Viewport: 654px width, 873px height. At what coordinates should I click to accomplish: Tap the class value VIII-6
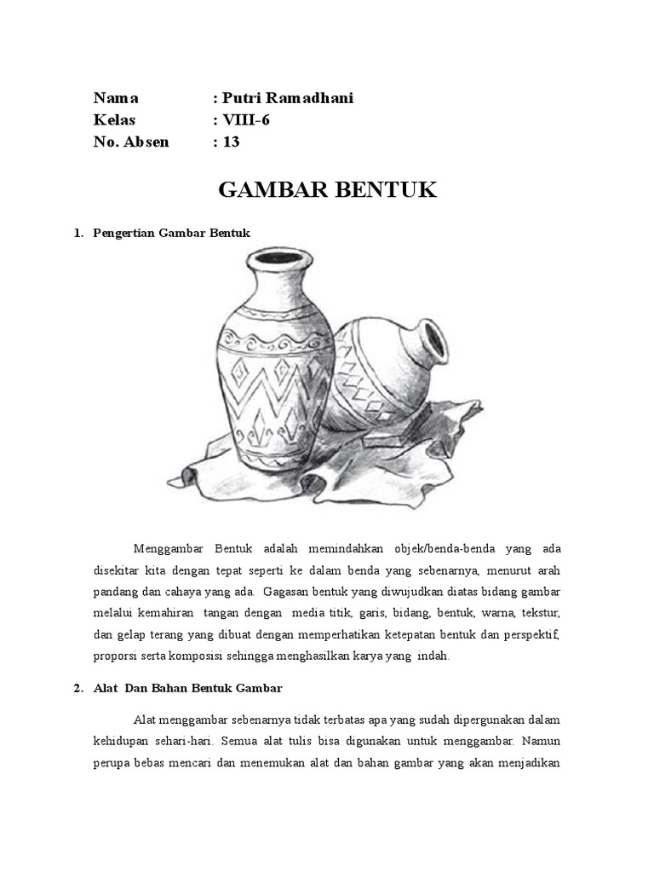tap(246, 120)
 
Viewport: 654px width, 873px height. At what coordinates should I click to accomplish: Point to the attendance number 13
tap(232, 142)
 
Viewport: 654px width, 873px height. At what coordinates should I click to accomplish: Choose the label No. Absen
tap(131, 142)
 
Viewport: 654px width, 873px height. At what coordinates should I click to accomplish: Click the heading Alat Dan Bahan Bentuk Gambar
tap(187, 686)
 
